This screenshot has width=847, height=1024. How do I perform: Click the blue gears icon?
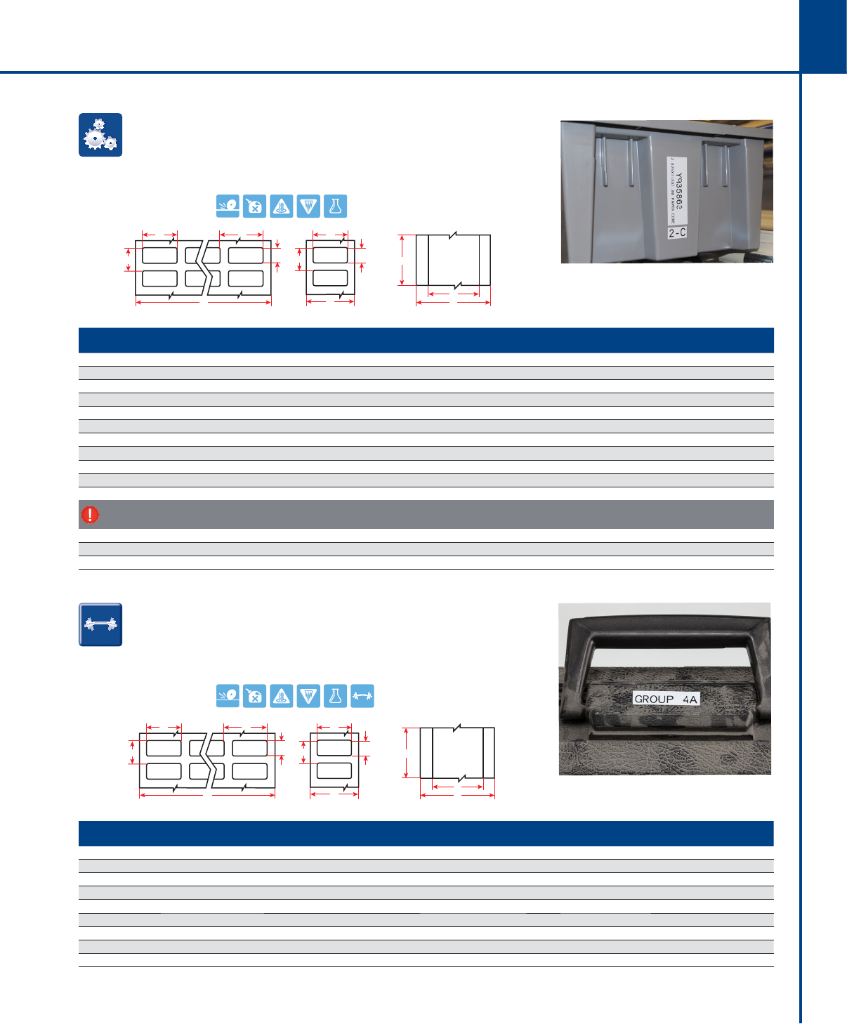coord(100,135)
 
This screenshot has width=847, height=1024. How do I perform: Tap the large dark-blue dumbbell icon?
coord(100,624)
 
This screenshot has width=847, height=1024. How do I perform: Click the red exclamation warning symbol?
coord(90,515)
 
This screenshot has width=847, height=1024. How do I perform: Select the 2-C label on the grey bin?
coord(677,232)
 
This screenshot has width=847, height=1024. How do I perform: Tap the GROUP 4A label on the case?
coord(666,699)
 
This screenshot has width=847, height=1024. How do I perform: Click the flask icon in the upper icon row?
coord(335,206)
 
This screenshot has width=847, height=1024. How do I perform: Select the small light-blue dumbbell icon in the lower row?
coord(362,696)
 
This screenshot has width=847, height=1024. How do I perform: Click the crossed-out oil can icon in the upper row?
coord(255,206)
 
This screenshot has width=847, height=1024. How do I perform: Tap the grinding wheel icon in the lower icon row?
coord(228,696)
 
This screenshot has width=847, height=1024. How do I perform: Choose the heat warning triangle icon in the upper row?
coord(282,206)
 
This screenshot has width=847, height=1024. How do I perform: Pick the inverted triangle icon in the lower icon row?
coord(308,696)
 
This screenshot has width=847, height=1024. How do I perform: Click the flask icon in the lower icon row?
coord(335,696)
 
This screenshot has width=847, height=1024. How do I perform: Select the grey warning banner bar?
coord(426,515)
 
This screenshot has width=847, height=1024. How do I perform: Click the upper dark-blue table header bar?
coord(426,340)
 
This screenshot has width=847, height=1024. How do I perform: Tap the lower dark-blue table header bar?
coord(426,834)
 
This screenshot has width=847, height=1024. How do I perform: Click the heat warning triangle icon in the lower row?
coord(282,696)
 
